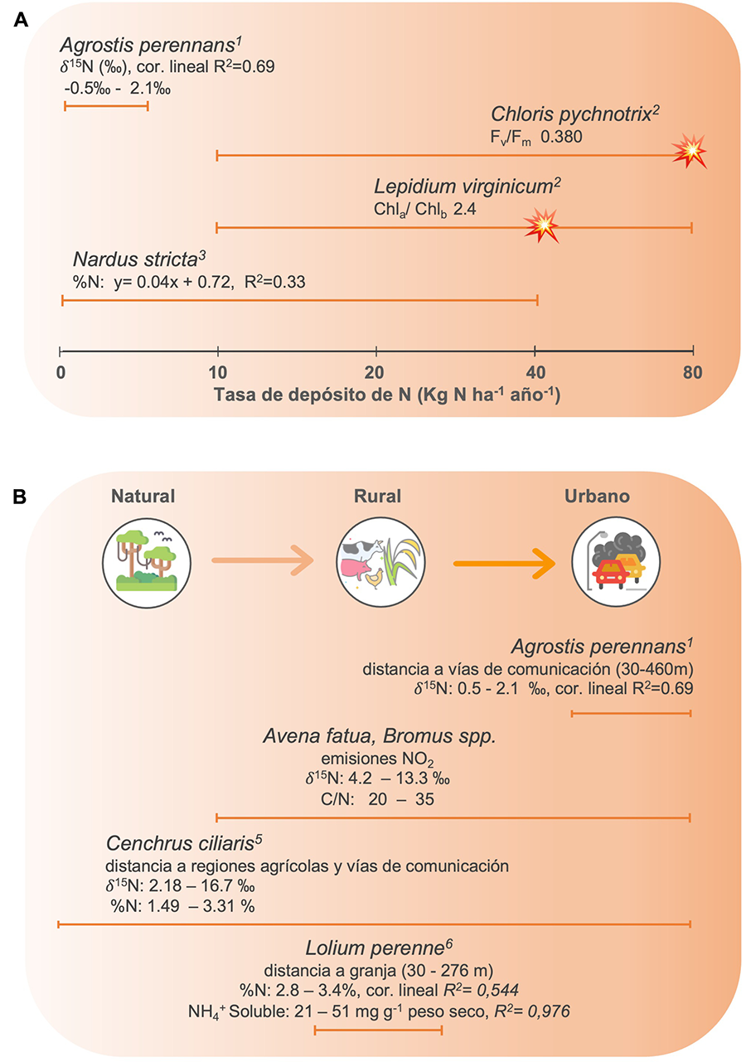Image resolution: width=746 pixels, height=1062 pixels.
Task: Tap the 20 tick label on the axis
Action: [375, 373]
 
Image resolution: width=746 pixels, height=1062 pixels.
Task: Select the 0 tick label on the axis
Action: [61, 373]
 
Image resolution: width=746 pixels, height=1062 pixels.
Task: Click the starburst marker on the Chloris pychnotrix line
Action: [690, 153]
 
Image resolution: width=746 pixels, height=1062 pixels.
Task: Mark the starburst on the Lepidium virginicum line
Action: [543, 225]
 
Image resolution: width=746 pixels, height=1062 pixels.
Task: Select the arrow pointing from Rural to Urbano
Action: [504, 564]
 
